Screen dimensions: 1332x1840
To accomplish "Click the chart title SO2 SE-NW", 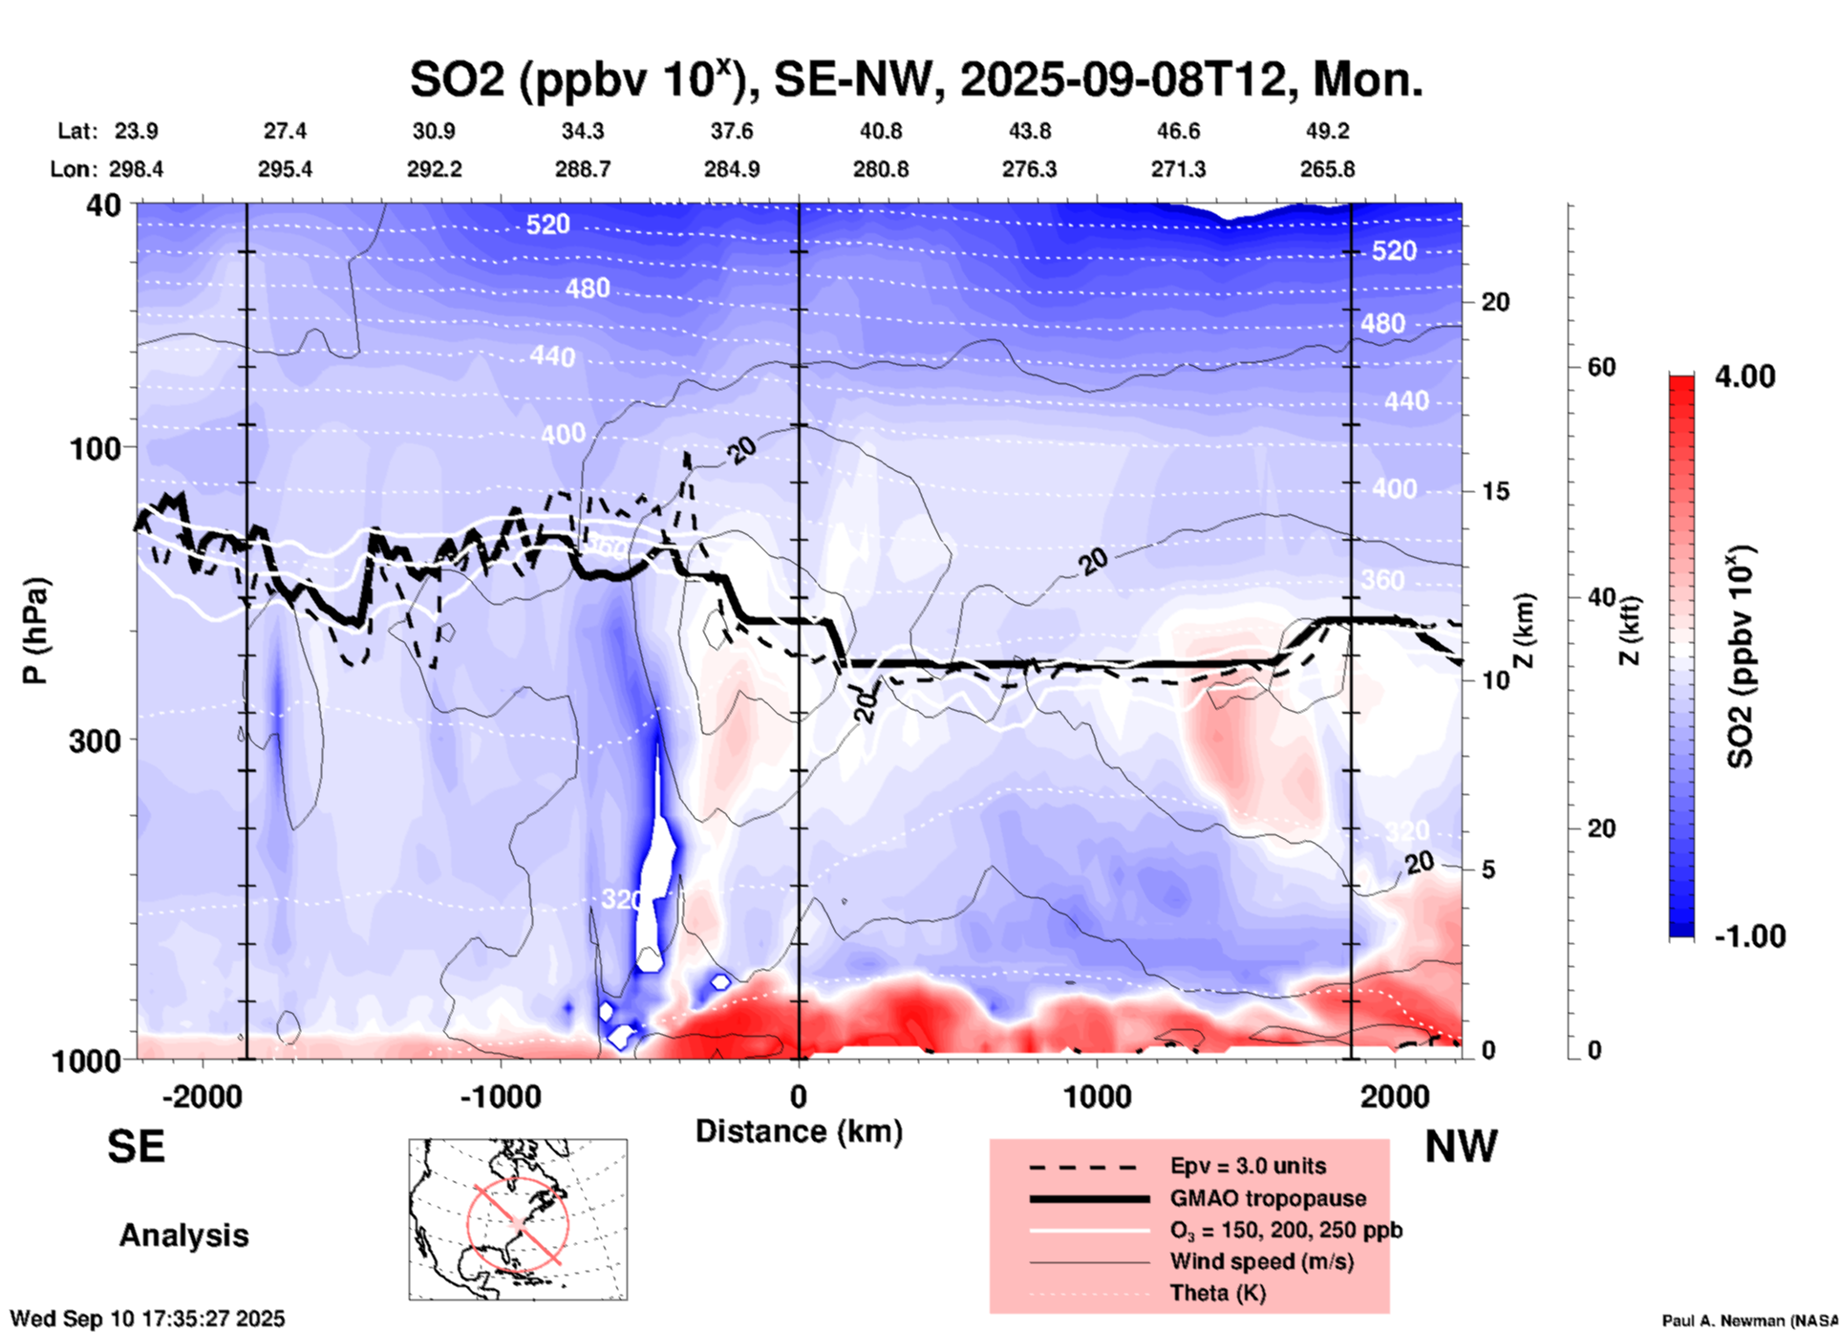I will tap(915, 79).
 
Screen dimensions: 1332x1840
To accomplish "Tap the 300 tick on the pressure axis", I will tap(95, 741).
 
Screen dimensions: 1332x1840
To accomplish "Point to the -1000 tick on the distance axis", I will tap(500, 1097).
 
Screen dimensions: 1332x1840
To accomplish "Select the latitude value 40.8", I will tap(880, 131).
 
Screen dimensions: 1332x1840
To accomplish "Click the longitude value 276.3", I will tap(1029, 169).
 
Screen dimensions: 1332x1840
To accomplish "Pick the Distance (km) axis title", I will tap(799, 1131).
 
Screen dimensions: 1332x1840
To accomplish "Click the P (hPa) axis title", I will tap(35, 631).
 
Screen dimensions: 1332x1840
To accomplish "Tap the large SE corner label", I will tap(136, 1147).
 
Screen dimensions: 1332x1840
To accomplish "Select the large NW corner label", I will tap(1461, 1147).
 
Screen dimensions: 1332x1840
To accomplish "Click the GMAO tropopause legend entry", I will tap(1267, 1198).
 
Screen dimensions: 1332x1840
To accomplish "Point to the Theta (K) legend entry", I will tap(1217, 1293).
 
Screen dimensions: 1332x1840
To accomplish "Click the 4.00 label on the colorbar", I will tap(1744, 376).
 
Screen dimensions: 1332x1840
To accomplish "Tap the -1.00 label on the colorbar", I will tap(1749, 935).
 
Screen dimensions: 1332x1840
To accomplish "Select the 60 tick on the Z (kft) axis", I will tap(1601, 367).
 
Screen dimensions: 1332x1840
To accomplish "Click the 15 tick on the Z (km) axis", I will tap(1494, 491).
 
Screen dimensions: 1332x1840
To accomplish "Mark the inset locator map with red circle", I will tap(518, 1219).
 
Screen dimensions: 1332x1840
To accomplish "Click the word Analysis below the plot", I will tap(183, 1235).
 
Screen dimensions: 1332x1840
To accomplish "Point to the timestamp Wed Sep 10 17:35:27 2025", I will tap(147, 1319).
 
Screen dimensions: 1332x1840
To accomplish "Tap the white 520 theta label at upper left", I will tap(547, 225).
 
